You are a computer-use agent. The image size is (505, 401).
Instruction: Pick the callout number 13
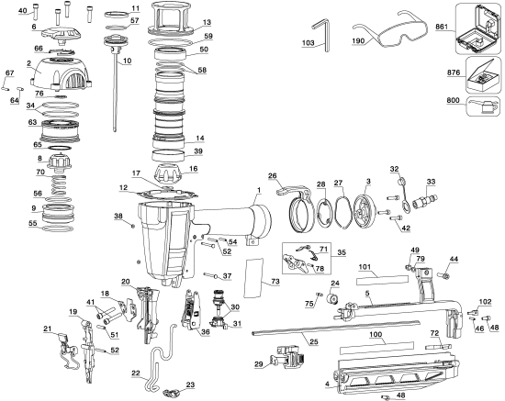[206, 22]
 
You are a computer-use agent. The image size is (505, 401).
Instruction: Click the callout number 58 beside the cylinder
[202, 70]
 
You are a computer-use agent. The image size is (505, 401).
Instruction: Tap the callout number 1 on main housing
[259, 189]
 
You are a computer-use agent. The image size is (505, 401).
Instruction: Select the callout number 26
[272, 175]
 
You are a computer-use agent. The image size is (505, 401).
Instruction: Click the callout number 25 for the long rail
[287, 342]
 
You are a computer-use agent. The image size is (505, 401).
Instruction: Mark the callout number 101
[364, 267]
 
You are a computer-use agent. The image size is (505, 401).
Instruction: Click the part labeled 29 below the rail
[285, 361]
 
